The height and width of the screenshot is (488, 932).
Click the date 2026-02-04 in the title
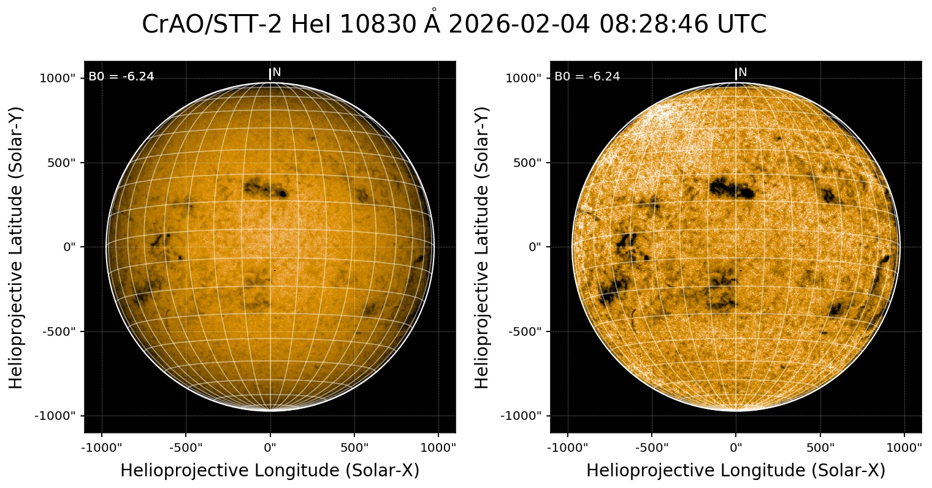click(x=519, y=25)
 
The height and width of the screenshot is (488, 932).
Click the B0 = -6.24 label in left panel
click(x=121, y=77)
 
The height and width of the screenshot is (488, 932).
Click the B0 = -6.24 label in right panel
click(x=587, y=77)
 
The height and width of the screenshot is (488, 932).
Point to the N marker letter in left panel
click(x=277, y=72)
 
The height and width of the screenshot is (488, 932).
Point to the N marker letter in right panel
click(x=743, y=72)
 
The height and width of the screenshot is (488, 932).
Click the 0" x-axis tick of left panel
click(x=270, y=447)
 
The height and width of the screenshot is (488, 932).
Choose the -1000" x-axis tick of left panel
click(x=101, y=447)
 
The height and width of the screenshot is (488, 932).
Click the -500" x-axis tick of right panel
click(x=652, y=447)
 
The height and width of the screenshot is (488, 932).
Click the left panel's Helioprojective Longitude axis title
click(x=270, y=471)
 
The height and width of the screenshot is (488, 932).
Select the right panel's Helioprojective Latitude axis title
click(x=483, y=247)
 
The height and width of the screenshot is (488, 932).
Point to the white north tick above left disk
click(x=270, y=74)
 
